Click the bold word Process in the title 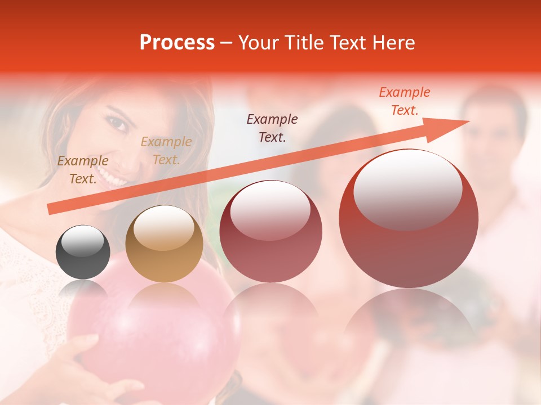click(177, 43)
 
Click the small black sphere click(83, 252)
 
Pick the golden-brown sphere click(164, 244)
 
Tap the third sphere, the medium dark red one click(270, 231)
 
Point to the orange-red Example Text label click(404, 101)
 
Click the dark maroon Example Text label click(272, 128)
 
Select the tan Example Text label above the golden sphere click(166, 151)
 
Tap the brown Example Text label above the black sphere click(83, 170)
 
